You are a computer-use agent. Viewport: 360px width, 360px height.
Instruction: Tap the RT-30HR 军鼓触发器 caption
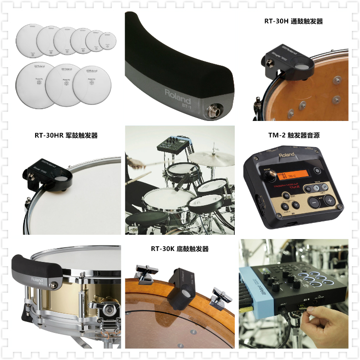pyautogui.click(x=66, y=135)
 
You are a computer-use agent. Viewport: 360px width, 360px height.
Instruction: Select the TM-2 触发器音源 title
pyautogui.click(x=293, y=135)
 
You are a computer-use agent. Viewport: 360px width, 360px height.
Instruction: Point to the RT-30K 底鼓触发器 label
pyautogui.click(x=180, y=249)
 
